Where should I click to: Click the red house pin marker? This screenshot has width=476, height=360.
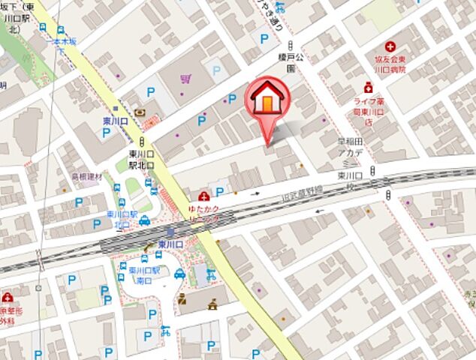(265, 103)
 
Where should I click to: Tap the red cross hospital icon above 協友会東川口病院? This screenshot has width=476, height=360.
(390, 46)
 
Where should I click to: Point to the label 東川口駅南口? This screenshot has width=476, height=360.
(146, 275)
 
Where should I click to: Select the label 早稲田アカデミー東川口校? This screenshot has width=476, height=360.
(351, 161)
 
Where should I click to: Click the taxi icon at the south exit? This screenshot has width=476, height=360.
(179, 273)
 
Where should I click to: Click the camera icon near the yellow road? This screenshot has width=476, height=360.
(141, 113)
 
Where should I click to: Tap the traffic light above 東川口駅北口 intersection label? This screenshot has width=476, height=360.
(141, 140)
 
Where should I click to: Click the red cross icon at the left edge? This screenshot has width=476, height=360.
(6, 297)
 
